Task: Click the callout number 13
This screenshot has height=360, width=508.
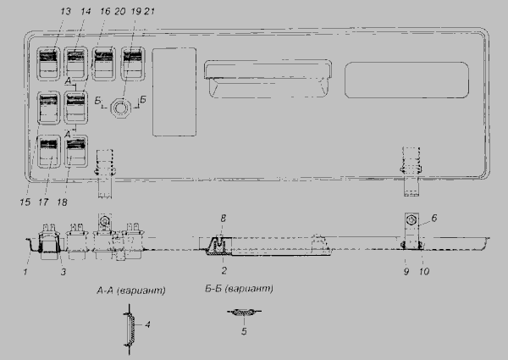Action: coord(65,11)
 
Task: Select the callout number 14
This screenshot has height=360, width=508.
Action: coord(86,11)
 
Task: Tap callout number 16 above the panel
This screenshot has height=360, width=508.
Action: coord(105,11)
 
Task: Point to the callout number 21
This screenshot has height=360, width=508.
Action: coord(149,11)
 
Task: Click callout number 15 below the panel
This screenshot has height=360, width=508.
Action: coord(25,202)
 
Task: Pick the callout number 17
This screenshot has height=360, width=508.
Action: coord(43,202)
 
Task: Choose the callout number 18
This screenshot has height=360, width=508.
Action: coord(62,202)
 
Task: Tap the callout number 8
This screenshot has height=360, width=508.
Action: coord(224,219)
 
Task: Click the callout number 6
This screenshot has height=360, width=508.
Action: coord(434,218)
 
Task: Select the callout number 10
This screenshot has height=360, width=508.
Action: coord(424,271)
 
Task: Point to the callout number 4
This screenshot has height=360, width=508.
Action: coord(147,324)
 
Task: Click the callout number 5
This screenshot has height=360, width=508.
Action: coord(244,331)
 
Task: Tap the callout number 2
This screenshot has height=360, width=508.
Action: coord(224,270)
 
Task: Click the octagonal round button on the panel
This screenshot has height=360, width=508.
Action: coord(120,108)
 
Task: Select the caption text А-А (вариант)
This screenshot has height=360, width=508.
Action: coord(131,290)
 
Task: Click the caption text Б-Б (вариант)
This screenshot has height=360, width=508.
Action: coord(239,288)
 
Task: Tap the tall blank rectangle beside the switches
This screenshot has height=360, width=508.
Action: coord(174,92)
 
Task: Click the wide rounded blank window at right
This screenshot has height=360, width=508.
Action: coord(406,80)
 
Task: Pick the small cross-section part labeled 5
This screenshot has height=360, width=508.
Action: coord(245,313)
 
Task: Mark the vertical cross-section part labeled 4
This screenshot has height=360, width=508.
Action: coord(130,330)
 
